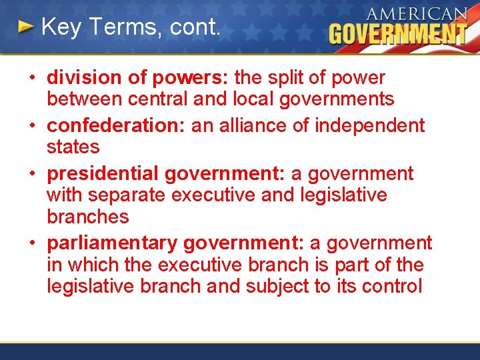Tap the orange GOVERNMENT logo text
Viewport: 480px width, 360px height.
click(x=398, y=34)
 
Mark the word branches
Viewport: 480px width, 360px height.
click(x=87, y=217)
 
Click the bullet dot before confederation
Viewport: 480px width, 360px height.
click(x=32, y=125)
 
